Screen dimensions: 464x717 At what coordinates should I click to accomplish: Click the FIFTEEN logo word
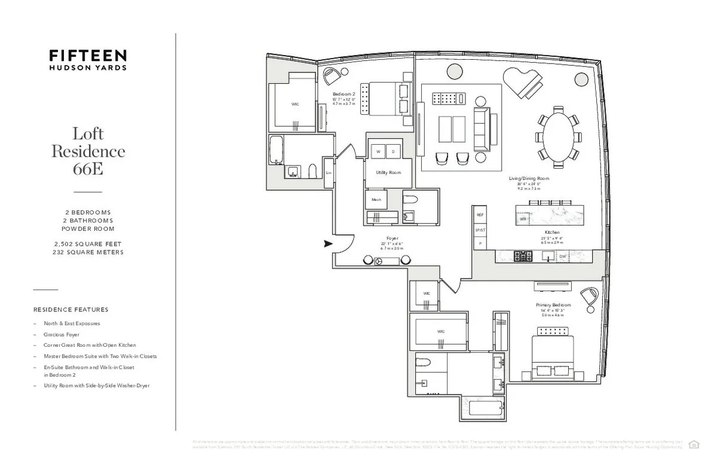tap(87, 56)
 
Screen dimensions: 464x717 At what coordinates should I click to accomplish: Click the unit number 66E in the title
tap(88, 169)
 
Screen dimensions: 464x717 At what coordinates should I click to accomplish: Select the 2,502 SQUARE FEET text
tap(88, 245)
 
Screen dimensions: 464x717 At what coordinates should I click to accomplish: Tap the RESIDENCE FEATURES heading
tap(71, 310)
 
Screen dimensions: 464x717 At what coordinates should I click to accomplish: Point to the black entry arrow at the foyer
tap(327, 243)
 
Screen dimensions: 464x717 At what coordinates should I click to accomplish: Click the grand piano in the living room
tap(524, 82)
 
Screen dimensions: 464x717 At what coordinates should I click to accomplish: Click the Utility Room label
tap(388, 172)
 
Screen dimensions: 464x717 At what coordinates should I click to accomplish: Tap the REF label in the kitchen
tap(479, 215)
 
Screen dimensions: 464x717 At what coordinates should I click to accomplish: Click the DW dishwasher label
tap(562, 257)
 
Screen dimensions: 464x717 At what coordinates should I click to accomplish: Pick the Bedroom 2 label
tap(344, 94)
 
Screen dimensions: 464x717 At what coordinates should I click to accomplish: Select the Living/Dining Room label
tap(529, 178)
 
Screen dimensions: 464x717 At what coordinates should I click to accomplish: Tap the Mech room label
tap(376, 200)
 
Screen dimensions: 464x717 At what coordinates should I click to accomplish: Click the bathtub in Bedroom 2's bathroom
tap(275, 149)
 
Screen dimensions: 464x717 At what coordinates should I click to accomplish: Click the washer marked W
tap(378, 152)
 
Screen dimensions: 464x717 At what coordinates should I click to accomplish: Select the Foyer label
tap(393, 238)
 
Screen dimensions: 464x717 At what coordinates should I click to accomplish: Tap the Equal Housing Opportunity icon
tap(694, 444)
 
